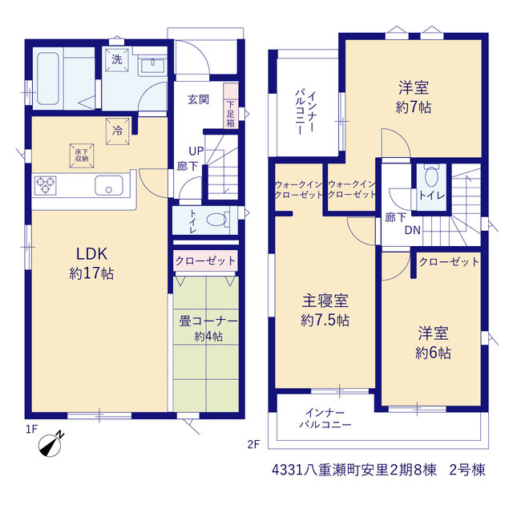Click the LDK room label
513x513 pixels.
[x=92, y=254]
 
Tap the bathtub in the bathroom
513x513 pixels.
[x=48, y=79]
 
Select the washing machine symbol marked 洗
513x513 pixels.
[x=117, y=59]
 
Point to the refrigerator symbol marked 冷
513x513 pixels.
[x=118, y=131]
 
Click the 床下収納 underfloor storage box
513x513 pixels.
[x=82, y=156]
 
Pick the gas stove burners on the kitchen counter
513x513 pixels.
[x=46, y=185]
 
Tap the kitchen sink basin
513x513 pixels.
[x=109, y=185]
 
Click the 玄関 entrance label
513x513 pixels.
[x=198, y=99]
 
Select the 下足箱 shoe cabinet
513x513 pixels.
[x=231, y=106]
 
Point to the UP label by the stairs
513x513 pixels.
[x=196, y=151]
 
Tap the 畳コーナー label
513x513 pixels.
[x=208, y=321]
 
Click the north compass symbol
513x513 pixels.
[x=50, y=445]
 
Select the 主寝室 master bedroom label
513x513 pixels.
[x=325, y=301]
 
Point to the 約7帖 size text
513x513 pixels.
[x=414, y=107]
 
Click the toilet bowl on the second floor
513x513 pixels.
[x=432, y=176]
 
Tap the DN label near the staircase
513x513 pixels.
[x=413, y=230]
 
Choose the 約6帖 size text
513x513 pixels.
[x=433, y=353]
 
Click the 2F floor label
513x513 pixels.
[x=253, y=444]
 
